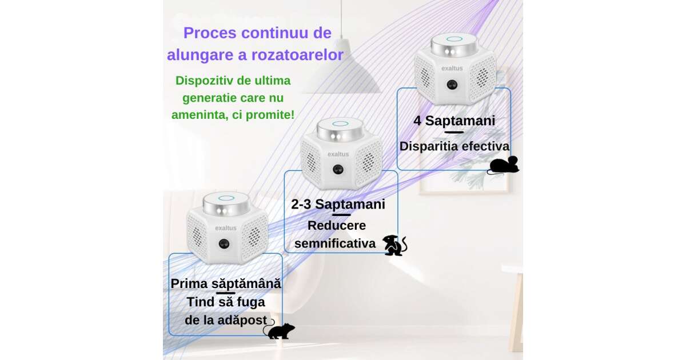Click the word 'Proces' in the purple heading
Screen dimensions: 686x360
(210, 33)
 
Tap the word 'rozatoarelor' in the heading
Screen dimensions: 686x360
(297, 55)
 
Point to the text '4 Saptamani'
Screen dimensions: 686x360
(454, 121)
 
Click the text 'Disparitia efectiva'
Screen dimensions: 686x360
(454, 146)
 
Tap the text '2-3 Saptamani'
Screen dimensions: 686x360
(338, 204)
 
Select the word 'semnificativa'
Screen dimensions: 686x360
(335, 243)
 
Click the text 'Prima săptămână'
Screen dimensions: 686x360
(226, 283)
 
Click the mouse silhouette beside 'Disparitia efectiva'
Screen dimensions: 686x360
(503, 165)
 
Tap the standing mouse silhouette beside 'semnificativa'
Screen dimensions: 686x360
(395, 245)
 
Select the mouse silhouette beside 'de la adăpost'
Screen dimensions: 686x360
(279, 330)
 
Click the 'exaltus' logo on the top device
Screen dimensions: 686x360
(452, 68)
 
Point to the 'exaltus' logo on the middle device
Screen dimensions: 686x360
(338, 154)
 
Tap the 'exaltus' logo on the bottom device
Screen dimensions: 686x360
(226, 228)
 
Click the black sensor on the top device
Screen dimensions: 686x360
(452, 85)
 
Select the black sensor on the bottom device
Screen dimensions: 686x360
(224, 244)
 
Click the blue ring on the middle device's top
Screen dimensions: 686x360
(341, 123)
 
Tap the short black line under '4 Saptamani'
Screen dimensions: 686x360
(454, 133)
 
